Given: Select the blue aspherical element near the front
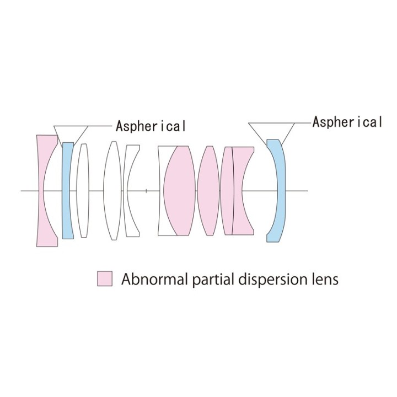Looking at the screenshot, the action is (67, 190).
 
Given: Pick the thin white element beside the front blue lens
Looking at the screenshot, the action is (83, 190).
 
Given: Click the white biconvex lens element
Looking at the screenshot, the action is (112, 190).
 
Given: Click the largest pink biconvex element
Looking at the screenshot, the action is (180, 191).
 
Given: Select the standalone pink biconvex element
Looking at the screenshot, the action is (208, 191).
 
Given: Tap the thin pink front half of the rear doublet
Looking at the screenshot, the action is (227, 191).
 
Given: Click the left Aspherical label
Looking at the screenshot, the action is (151, 126).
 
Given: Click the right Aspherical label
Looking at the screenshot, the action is (347, 122).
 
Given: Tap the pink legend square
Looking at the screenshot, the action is (105, 279).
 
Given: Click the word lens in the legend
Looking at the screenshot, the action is (325, 279).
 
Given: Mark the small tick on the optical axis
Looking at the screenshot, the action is (146, 191).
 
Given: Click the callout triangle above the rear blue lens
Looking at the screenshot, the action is (271, 133).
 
